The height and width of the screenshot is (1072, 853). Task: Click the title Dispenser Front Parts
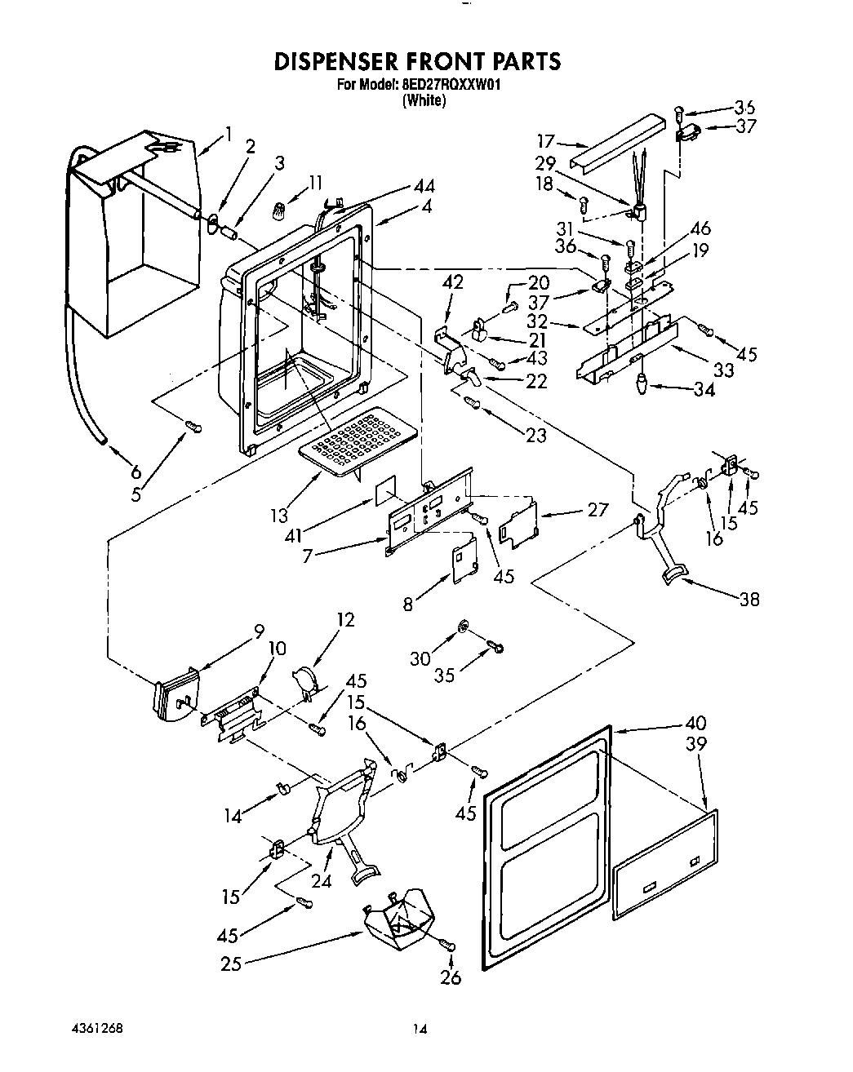(x=417, y=61)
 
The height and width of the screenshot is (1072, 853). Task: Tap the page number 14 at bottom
(x=420, y=1030)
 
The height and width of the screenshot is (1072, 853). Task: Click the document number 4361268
(x=97, y=1027)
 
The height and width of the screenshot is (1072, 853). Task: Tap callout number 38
(x=749, y=600)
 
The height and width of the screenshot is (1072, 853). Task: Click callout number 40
(x=696, y=723)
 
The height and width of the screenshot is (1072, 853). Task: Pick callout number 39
(x=696, y=744)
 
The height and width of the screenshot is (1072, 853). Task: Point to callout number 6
(x=135, y=471)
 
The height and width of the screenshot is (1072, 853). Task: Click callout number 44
(x=424, y=187)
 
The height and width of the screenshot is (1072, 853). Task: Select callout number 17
(x=546, y=140)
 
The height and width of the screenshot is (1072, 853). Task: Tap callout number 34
(x=704, y=390)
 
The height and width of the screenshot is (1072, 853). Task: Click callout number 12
(x=345, y=620)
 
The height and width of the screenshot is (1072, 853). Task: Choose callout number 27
(x=598, y=509)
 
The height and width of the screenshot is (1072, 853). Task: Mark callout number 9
(x=259, y=630)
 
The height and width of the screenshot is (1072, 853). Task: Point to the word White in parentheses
(x=423, y=101)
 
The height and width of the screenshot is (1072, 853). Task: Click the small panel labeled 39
(x=665, y=865)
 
